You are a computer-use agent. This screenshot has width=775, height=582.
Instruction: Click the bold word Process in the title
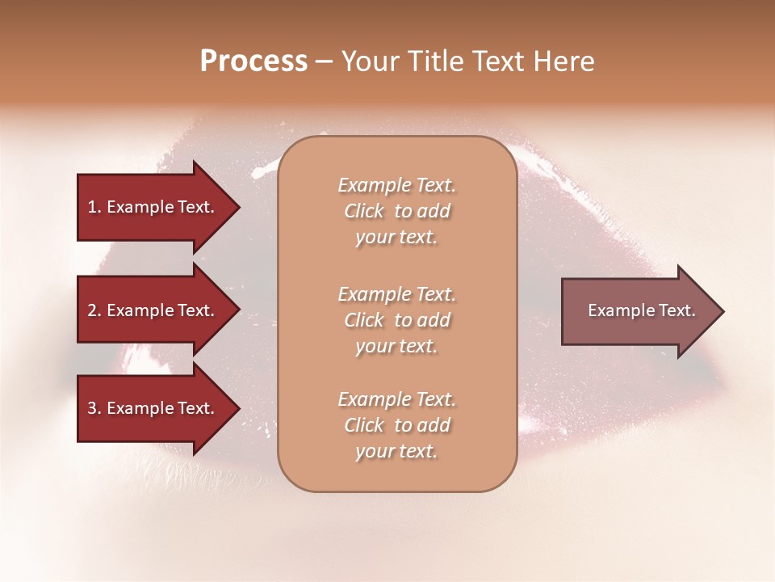coord(253,61)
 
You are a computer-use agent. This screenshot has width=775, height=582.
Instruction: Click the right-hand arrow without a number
coord(638,311)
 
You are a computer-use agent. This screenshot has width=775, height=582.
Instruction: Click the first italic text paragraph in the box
coord(396,211)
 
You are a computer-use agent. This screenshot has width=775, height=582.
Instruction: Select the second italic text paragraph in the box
coord(396,320)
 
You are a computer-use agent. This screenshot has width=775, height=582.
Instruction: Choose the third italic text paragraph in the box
coord(396,425)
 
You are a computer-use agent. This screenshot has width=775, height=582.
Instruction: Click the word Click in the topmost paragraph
coord(364,212)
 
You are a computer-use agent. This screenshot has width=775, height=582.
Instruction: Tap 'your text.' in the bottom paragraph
coord(396,452)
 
